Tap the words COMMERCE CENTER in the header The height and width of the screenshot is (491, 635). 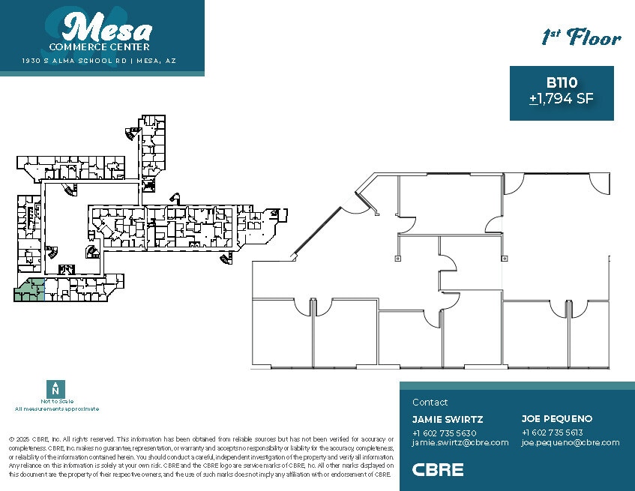[104, 47]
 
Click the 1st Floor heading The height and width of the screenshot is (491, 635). [581, 37]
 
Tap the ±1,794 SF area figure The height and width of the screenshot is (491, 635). [562, 98]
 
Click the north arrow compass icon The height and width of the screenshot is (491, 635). [54, 389]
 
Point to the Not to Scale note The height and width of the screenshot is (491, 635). [56, 403]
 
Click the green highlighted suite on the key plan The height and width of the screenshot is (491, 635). [28, 291]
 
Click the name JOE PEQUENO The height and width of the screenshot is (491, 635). [557, 419]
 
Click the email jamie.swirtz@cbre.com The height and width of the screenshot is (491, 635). [460, 442]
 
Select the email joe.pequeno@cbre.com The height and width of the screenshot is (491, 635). [571, 442]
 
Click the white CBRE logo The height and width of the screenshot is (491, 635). [438, 470]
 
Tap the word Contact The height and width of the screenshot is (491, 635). [430, 403]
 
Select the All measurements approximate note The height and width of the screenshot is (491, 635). [56, 409]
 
